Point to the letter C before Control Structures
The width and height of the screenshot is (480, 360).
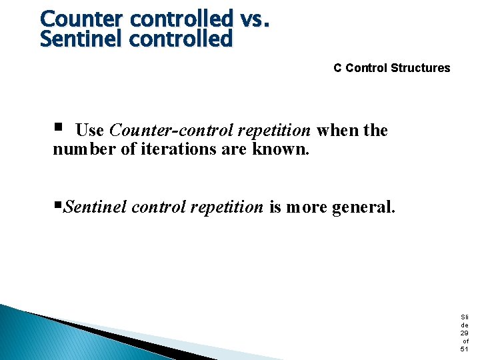tap(338, 68)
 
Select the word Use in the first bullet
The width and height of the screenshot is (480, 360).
tap(89, 130)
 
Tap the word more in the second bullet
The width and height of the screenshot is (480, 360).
tap(308, 207)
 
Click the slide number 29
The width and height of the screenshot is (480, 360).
tap(464, 333)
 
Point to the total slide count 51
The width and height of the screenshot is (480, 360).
tap(464, 349)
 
